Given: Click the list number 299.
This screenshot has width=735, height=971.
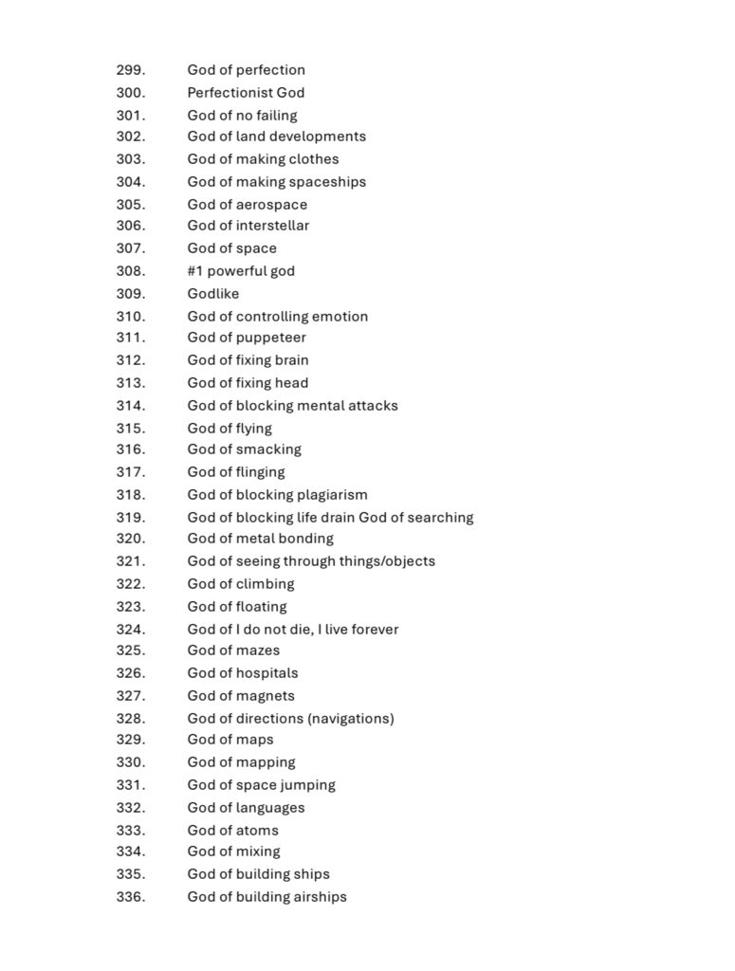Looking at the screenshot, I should click(x=131, y=70).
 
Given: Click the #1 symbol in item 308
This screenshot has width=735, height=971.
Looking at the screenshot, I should click(x=195, y=271).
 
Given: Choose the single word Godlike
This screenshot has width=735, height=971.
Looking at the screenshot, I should click(x=213, y=294).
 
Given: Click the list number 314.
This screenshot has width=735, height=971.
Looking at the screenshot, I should click(x=131, y=406).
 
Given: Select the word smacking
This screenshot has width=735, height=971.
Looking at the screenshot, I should click(x=268, y=449).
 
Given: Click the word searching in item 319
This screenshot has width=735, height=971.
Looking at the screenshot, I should click(x=440, y=518).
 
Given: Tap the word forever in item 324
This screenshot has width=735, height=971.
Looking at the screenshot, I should click(x=375, y=630).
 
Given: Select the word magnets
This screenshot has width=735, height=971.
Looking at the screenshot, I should click(x=265, y=696).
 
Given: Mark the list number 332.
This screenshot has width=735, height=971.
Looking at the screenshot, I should click(x=131, y=808).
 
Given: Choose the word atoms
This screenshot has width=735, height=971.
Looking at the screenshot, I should click(x=257, y=831).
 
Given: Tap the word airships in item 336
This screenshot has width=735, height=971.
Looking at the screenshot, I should click(x=316, y=897).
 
